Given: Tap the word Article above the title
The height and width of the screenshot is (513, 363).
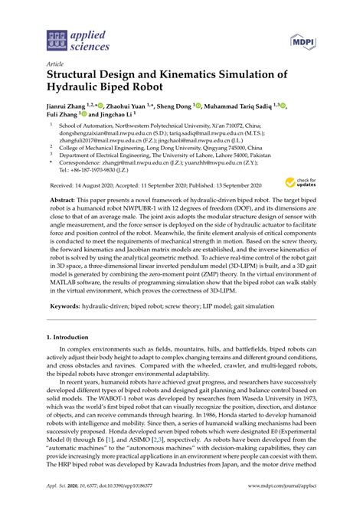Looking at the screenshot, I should click(54, 64).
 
